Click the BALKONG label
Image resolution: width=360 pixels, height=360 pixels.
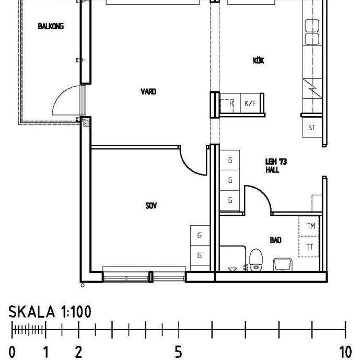point(51,26)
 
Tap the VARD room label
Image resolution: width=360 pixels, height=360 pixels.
point(148,92)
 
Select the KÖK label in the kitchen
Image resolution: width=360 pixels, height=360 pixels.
point(258,61)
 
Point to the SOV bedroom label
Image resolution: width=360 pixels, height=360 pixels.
point(151,206)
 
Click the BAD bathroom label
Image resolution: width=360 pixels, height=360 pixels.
point(275,240)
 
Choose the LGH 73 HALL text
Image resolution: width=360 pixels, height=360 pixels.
point(272,166)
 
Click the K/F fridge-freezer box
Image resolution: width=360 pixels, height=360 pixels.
point(251,103)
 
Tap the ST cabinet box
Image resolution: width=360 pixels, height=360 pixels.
point(312,127)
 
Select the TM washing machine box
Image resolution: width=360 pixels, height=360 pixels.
point(310,226)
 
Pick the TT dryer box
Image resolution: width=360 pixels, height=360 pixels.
point(310,247)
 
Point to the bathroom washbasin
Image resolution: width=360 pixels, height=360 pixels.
point(283,263)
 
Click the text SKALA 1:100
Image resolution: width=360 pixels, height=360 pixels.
point(50,312)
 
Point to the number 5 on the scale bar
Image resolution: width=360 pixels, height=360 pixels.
point(178,352)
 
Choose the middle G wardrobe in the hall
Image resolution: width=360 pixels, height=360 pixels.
point(230,181)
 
